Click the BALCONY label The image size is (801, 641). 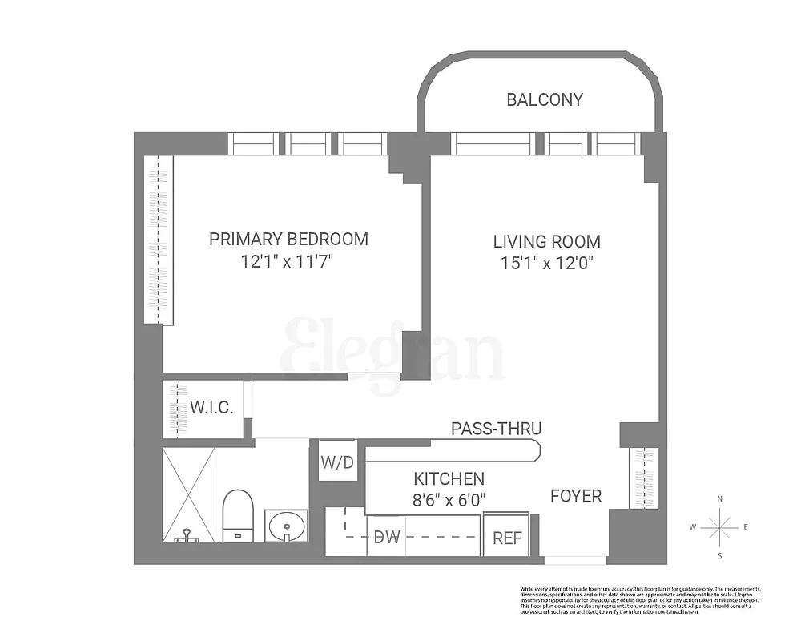(x=545, y=100)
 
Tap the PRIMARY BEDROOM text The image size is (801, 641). (x=288, y=239)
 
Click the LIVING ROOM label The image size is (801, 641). (x=546, y=241)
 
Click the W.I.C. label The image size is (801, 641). (x=211, y=408)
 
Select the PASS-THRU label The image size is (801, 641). (x=496, y=429)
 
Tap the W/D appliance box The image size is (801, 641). (x=338, y=462)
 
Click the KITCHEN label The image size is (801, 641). (x=449, y=479)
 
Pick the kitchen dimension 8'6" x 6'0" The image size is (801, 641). (x=449, y=501)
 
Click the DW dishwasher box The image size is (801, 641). (x=386, y=537)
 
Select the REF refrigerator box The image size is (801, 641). (x=506, y=538)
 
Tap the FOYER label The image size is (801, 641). (x=575, y=497)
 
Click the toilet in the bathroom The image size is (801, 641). (x=237, y=515)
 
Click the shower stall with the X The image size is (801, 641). (x=189, y=495)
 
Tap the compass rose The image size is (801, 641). (x=720, y=527)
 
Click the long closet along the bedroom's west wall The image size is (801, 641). (x=159, y=240)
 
